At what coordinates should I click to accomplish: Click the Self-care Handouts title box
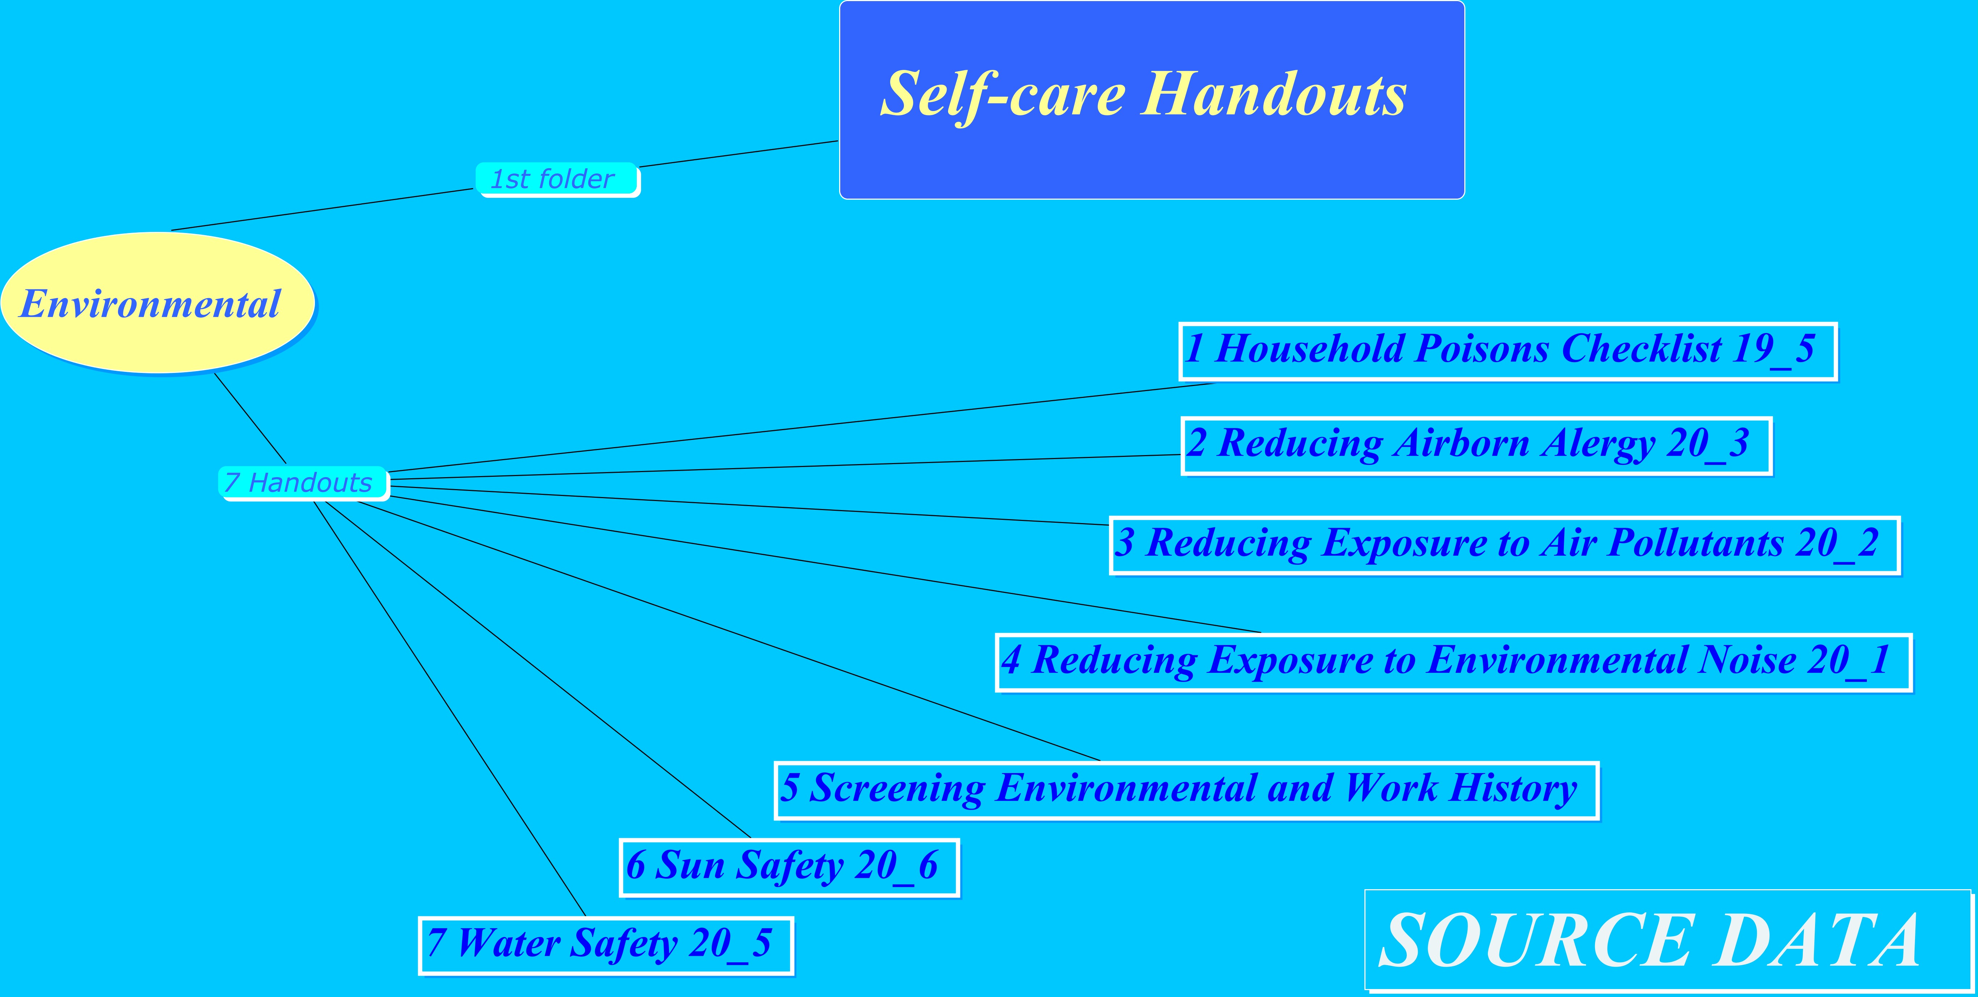(1152, 100)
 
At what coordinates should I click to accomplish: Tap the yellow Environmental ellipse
(158, 303)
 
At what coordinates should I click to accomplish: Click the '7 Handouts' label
(303, 483)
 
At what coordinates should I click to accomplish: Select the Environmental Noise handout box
(1453, 662)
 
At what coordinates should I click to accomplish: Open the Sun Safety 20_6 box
(790, 867)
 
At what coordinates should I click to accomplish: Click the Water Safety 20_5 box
(606, 946)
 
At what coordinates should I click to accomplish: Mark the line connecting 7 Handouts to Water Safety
(450, 708)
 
